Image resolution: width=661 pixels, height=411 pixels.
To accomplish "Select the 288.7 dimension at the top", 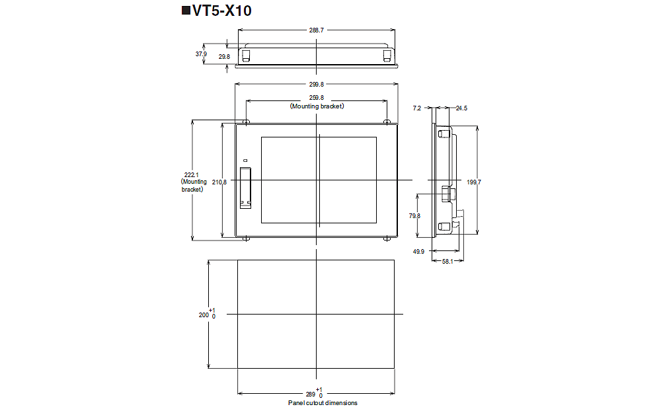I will (317, 30).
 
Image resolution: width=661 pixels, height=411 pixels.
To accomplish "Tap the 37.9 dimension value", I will (201, 54).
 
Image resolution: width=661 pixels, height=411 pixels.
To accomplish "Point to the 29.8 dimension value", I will (224, 57).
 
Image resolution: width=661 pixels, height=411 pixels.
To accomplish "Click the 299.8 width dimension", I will (317, 84).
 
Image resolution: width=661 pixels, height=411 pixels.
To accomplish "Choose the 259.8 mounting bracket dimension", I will (317, 98).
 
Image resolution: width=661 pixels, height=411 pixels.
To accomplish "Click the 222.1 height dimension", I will (192, 174).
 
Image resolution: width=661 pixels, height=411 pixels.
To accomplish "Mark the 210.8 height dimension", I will (220, 182).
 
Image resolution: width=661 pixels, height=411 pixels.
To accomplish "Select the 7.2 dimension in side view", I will (416, 108).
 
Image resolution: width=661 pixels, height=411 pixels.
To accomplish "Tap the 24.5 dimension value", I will (461, 108).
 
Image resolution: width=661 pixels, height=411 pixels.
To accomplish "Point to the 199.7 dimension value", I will (473, 182).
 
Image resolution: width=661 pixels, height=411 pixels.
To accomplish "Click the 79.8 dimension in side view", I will (414, 215).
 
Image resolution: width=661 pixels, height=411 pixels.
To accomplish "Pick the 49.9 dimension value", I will (418, 251).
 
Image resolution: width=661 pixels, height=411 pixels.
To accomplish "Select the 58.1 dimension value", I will (447, 262).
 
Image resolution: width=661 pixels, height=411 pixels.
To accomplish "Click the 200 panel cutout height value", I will (204, 315).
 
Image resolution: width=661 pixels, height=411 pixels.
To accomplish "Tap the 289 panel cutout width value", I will (310, 394).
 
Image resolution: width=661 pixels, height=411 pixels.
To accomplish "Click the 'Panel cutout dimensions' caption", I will (323, 402).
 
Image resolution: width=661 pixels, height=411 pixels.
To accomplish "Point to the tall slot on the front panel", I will (245, 188).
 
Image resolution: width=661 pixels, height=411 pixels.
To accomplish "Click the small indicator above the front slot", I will (245, 161).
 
